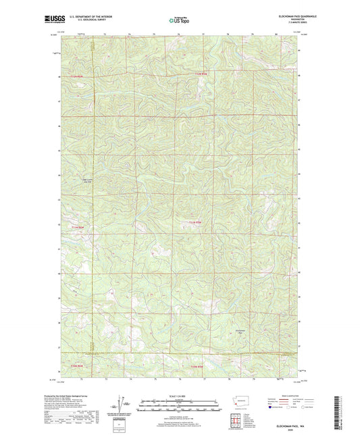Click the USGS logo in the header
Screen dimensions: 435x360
(x=57, y=19)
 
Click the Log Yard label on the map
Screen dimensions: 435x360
(x=87, y=180)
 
